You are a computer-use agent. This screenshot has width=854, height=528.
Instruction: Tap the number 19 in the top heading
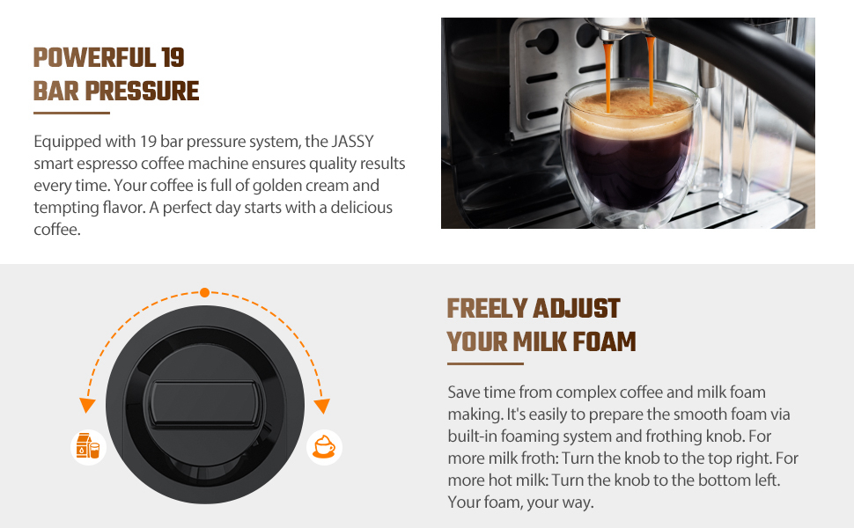tap(173, 58)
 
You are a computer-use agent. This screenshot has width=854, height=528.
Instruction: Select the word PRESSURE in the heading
tap(148, 91)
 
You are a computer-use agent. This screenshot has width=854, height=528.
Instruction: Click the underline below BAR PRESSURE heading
tap(71, 114)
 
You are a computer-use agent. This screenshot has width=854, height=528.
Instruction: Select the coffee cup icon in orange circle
tap(324, 446)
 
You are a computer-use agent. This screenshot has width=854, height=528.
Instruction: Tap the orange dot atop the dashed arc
tap(204, 291)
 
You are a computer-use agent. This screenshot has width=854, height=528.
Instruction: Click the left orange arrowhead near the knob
tap(86, 405)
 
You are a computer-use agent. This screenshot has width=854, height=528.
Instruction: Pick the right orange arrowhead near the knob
tap(322, 405)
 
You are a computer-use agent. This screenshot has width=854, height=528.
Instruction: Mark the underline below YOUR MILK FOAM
tap(485, 363)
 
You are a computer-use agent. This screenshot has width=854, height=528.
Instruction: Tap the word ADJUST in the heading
tap(578, 309)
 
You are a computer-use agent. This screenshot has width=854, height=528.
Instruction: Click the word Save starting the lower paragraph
tap(464, 392)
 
